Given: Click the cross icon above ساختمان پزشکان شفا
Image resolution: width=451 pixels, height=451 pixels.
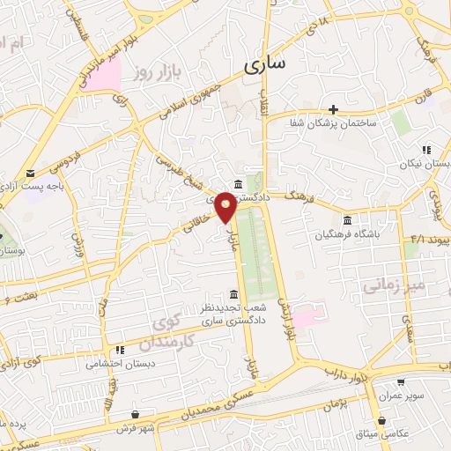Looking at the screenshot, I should (x=334, y=109).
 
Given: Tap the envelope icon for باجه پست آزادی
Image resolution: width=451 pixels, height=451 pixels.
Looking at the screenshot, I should (x=30, y=174).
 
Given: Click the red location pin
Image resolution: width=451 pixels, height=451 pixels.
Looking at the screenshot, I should (x=226, y=208).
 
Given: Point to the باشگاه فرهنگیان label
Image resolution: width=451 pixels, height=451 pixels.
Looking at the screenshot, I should (x=349, y=235).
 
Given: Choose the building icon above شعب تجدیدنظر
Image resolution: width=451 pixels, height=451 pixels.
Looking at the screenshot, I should (x=233, y=294).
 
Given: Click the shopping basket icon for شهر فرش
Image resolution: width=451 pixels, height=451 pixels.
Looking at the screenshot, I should (x=135, y=414).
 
